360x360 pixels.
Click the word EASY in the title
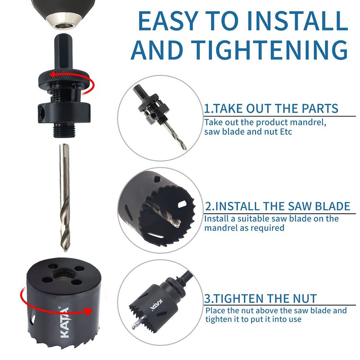(x=168, y=21)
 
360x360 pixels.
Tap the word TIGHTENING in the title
(x=270, y=50)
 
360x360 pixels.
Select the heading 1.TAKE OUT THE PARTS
(x=271, y=108)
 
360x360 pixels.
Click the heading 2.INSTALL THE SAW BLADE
(x=277, y=206)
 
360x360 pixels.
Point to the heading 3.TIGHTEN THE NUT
(x=261, y=298)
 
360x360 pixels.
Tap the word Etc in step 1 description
(x=286, y=132)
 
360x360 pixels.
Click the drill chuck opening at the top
(x=64, y=26)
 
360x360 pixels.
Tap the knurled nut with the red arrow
(x=63, y=77)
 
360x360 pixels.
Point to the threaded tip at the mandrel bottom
(x=63, y=130)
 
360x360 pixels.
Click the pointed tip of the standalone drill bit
(x=65, y=251)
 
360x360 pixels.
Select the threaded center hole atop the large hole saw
(x=63, y=273)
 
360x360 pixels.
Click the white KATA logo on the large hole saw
(x=64, y=322)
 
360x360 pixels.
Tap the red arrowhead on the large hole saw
(x=87, y=311)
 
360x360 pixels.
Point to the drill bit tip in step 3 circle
(x=133, y=328)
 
